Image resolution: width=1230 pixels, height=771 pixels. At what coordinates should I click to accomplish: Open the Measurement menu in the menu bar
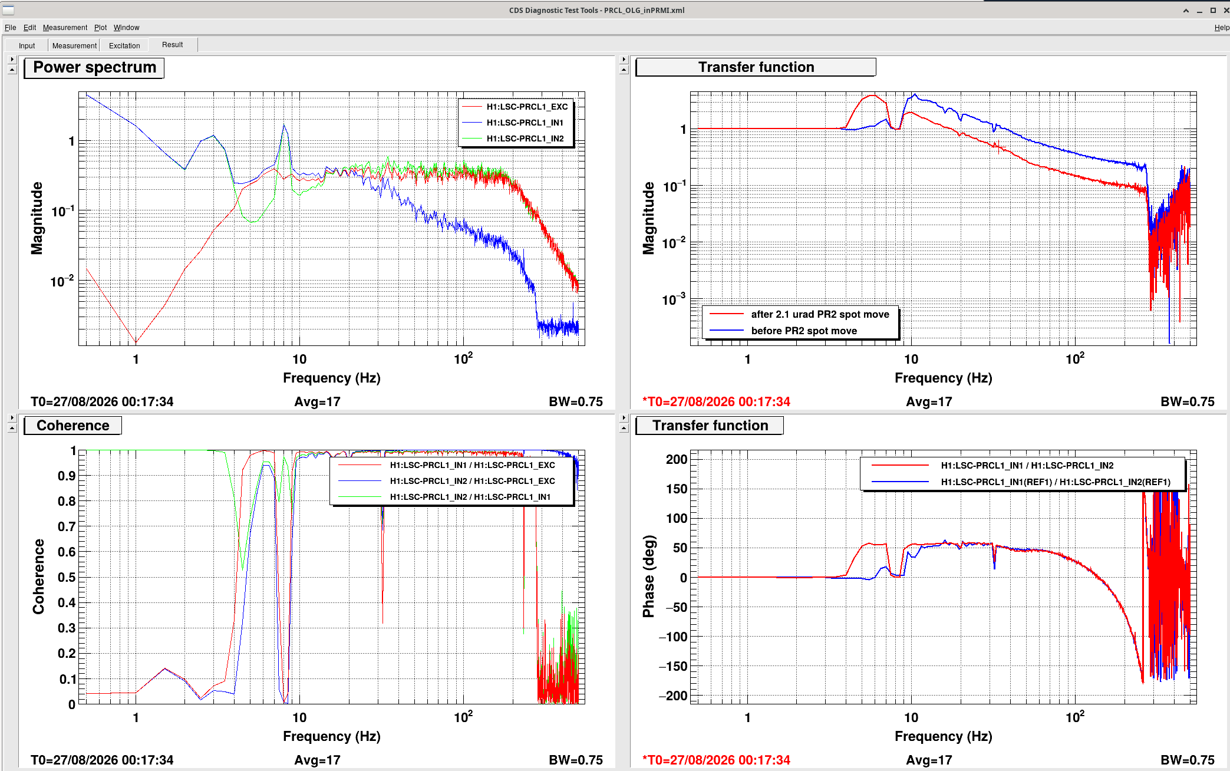point(65,28)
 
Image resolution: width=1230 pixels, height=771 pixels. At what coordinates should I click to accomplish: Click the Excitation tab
point(124,45)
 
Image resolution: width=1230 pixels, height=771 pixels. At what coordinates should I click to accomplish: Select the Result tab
point(173,45)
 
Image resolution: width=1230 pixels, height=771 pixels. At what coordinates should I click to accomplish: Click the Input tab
point(27,45)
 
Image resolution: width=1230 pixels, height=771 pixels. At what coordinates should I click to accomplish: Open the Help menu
point(1222,28)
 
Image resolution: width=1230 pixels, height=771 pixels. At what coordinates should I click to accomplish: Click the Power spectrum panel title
point(94,67)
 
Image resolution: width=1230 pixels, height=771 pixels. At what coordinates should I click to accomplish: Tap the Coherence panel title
point(73,426)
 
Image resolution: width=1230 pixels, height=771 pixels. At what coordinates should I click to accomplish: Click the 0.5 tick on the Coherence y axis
point(67,577)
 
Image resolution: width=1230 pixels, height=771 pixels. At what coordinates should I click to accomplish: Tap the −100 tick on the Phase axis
point(673,637)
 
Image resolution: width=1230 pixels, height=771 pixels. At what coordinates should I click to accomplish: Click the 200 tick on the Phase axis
point(677,459)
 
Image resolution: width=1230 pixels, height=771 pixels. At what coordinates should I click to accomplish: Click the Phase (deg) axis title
point(649,576)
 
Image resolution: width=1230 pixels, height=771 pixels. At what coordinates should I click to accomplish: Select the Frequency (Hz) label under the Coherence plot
point(332,736)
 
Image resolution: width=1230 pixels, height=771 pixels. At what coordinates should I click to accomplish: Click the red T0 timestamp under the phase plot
point(717,760)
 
